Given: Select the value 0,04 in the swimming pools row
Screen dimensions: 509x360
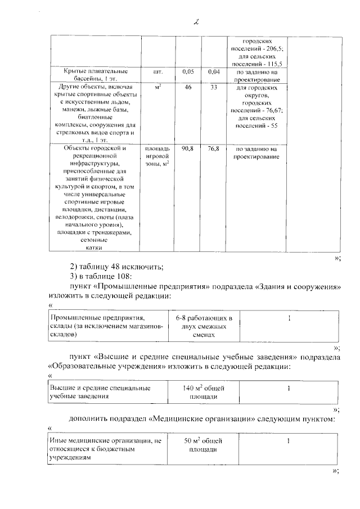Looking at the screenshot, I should point(213,72).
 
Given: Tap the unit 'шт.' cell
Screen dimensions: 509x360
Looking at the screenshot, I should point(157,72).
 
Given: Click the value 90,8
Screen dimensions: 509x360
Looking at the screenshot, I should point(188,148).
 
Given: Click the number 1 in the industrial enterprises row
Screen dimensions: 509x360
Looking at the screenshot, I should point(289,319).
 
